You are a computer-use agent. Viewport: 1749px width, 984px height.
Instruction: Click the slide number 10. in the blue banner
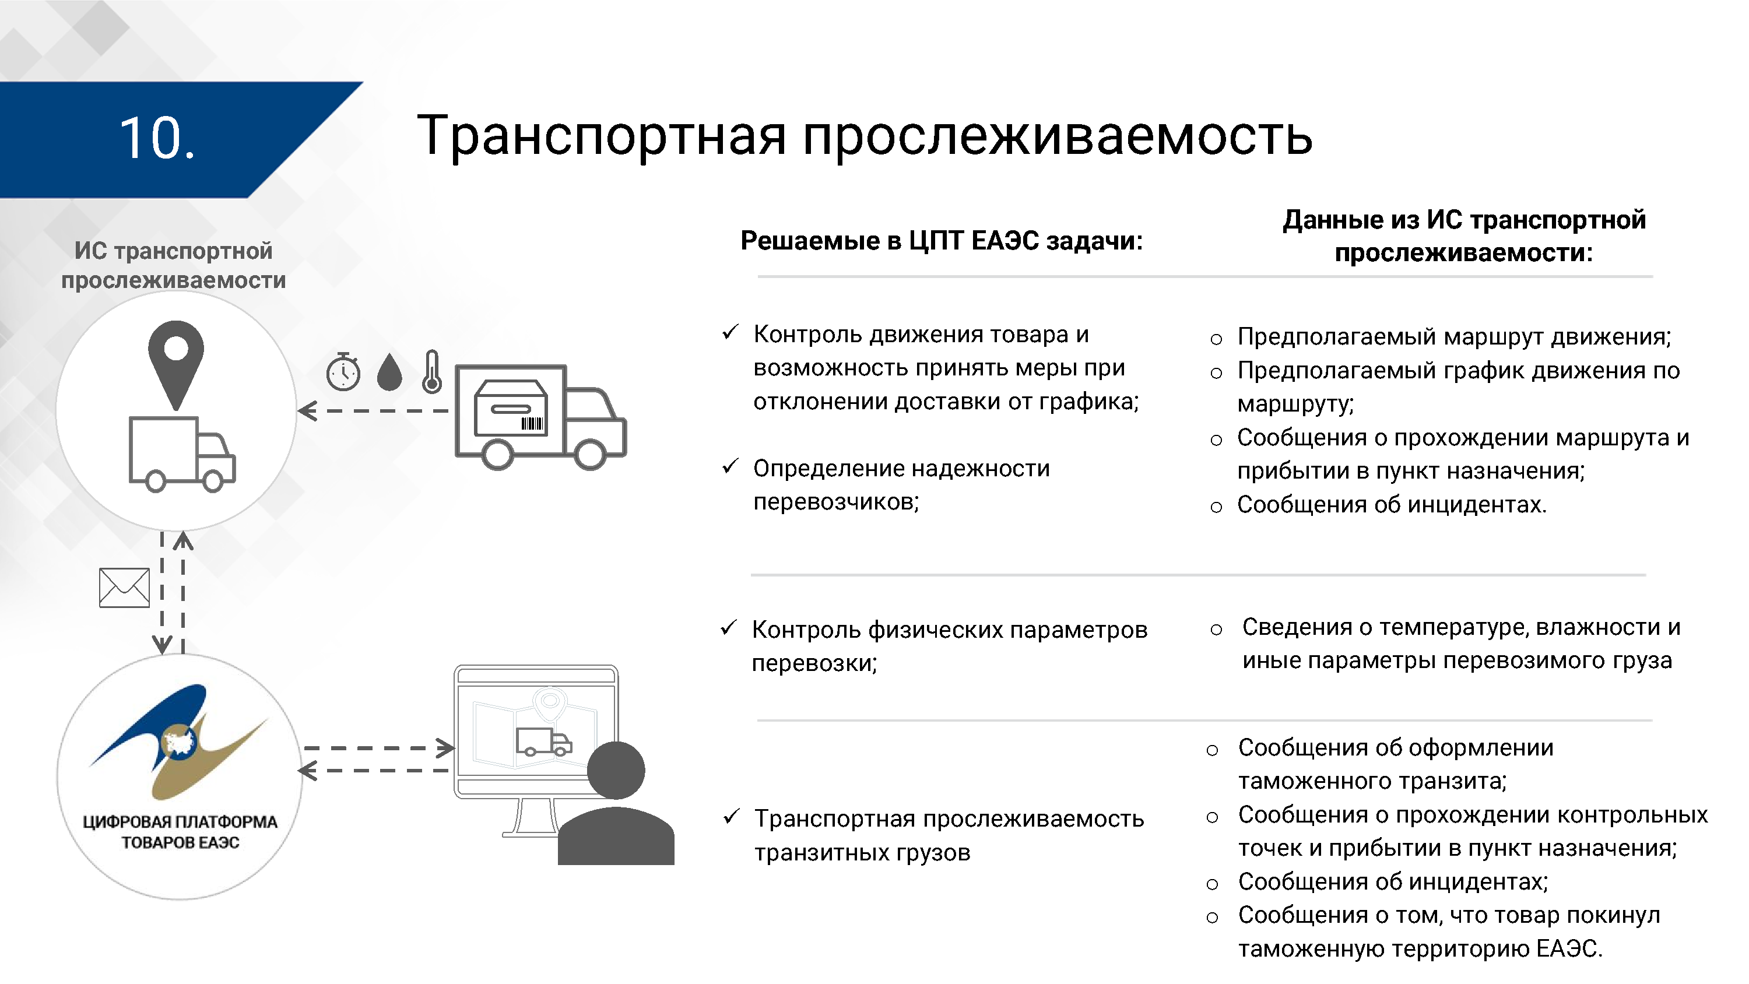[157, 139]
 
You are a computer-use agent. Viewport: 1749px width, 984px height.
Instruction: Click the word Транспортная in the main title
[602, 136]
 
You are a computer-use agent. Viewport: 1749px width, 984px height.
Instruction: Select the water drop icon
[389, 373]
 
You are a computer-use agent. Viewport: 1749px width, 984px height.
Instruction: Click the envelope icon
[124, 588]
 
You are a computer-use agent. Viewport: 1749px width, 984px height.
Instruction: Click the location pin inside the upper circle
[176, 360]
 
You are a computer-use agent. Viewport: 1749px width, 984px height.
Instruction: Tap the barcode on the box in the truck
[532, 424]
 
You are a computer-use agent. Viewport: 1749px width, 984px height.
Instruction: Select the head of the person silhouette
[616, 770]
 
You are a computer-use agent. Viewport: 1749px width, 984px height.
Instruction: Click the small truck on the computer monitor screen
[543, 742]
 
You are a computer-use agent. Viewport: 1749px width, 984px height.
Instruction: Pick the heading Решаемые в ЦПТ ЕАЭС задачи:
[942, 240]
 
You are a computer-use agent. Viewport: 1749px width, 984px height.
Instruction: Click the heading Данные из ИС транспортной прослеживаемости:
[1464, 236]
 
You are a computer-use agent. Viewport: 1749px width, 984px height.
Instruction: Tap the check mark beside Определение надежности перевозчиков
[730, 466]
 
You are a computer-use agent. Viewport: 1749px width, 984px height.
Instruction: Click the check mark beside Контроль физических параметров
[729, 628]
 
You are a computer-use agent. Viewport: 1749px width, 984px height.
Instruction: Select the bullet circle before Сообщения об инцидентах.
[1216, 507]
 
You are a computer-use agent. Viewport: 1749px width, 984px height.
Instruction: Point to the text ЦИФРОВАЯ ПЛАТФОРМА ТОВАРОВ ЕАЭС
[180, 832]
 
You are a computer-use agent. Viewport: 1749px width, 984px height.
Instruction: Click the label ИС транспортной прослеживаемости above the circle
[174, 265]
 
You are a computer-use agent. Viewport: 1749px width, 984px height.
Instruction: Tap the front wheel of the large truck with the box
[589, 453]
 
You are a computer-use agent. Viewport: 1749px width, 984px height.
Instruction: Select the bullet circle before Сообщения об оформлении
[1213, 750]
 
